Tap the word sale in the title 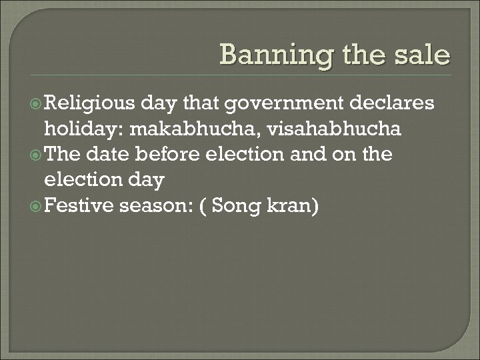pos(421,55)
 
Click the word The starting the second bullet pos(63,155)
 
